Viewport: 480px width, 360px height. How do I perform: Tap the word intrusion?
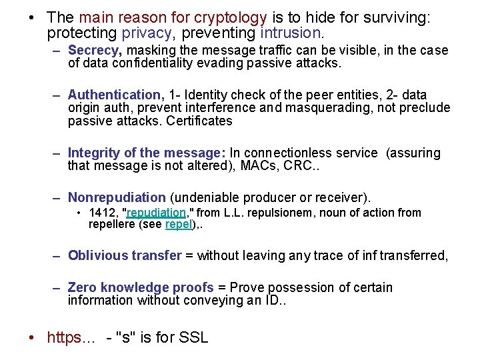(291, 32)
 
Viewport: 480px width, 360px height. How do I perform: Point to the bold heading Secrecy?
(94, 51)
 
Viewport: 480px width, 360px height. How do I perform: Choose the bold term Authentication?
(116, 95)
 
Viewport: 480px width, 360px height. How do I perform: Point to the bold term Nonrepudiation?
(117, 197)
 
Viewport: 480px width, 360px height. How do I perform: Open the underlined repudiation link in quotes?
(157, 213)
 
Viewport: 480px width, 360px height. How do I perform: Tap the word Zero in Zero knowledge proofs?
(82, 287)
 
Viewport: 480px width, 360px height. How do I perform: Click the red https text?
(71, 337)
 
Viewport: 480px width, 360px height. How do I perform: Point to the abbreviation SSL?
(194, 337)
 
